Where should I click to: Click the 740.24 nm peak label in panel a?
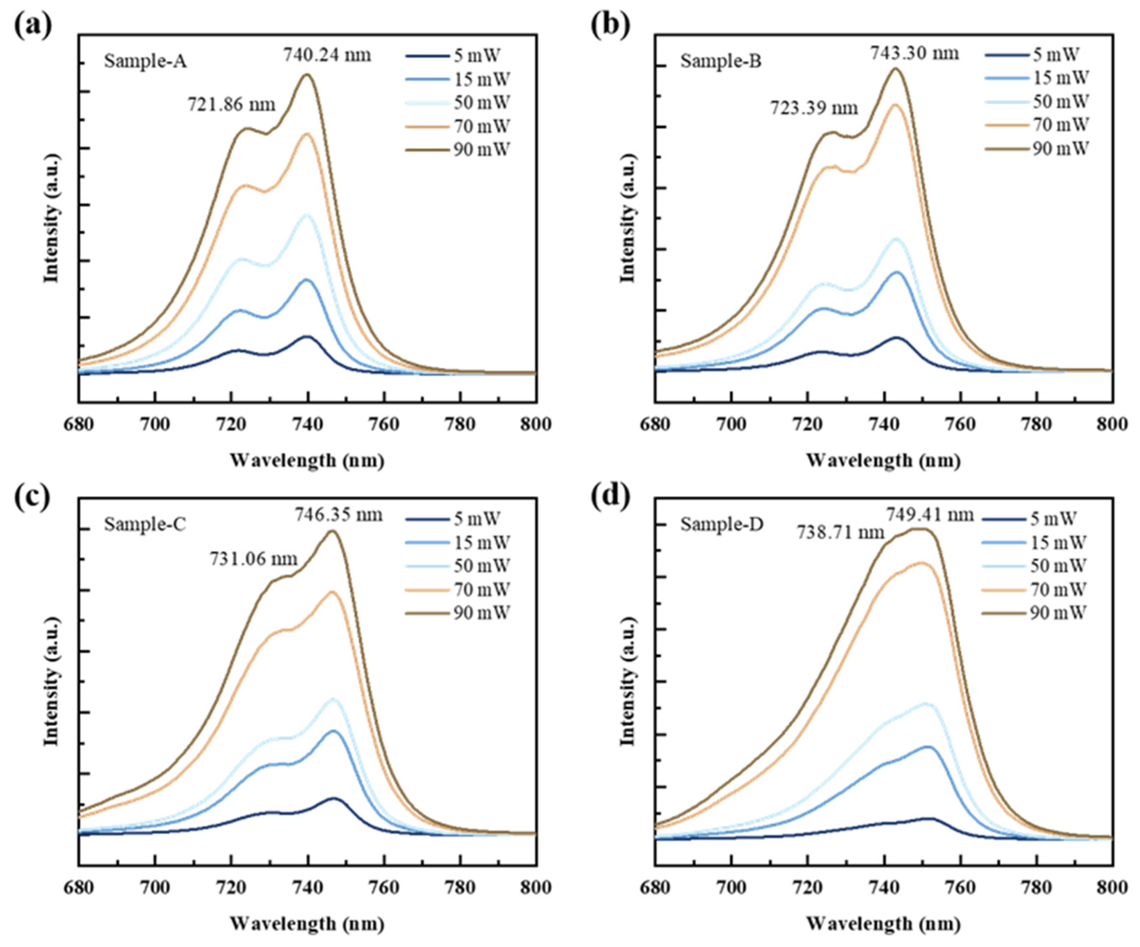point(327,55)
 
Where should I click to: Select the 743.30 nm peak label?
point(915,53)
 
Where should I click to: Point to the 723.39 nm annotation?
point(814,108)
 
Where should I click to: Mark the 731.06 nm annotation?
point(254,558)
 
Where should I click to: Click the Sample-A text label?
point(146,61)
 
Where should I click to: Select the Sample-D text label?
point(722,525)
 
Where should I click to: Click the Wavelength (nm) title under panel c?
point(307,924)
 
